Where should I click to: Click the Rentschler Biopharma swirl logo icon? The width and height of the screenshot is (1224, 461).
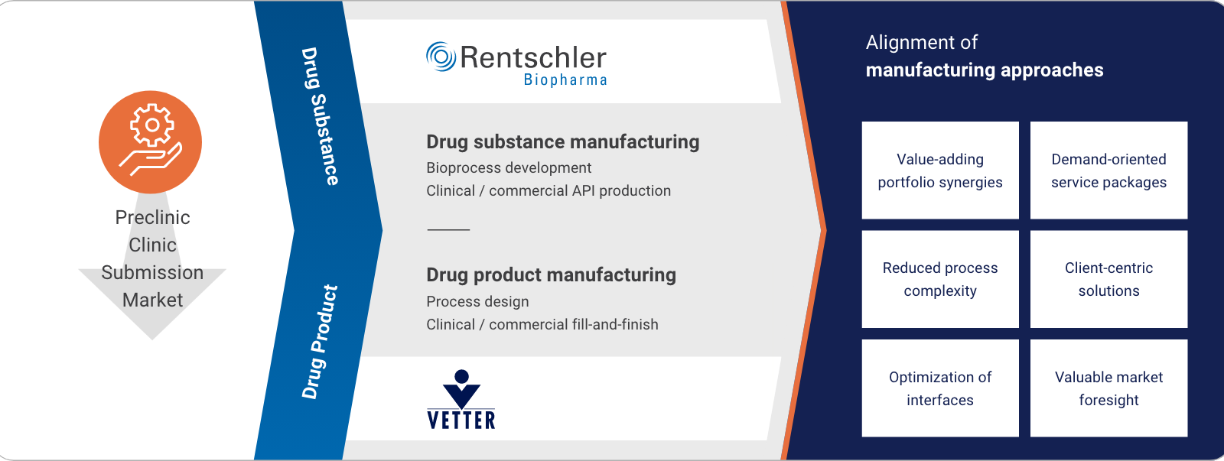coord(441,57)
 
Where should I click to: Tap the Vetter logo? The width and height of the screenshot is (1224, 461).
coord(461,399)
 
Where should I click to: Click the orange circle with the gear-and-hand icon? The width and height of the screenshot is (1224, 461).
coord(150,142)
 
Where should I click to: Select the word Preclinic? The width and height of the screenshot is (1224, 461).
coord(152,217)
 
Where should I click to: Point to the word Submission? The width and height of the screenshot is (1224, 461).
coord(152,272)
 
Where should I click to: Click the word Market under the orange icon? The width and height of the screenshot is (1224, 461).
coord(152,300)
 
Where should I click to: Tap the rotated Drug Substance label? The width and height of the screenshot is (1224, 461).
coord(321,116)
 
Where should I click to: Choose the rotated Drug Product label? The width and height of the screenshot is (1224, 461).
coord(321,342)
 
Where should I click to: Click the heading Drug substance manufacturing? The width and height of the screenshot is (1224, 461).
coord(563,142)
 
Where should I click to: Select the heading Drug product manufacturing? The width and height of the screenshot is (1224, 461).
coord(551,274)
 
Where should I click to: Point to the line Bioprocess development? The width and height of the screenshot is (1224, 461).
coord(509,167)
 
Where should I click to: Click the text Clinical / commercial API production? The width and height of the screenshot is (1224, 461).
coord(549,190)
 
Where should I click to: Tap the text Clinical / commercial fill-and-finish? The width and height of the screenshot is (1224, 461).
coord(542,324)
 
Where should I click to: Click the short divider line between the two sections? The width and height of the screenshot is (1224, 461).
coord(448,230)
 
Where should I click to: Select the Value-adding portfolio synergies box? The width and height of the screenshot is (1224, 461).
coord(940,170)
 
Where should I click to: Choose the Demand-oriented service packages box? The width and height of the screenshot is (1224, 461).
coord(1108,170)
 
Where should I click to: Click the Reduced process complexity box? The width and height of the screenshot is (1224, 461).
coord(940,279)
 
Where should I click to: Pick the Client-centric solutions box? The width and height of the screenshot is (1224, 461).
coord(1108,279)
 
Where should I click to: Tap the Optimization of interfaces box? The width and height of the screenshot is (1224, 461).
coord(940,388)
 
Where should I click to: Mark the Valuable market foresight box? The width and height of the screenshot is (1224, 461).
coord(1108,388)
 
